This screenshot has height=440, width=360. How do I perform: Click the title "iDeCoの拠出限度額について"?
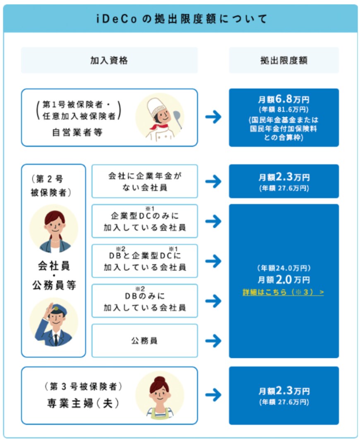pos(180,19)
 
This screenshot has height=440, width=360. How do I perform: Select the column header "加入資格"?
pos(109,60)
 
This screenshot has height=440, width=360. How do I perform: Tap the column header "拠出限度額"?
pos(284,60)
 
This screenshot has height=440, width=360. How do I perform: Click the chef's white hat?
pos(159,103)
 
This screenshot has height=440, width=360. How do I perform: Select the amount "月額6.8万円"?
pos(284,99)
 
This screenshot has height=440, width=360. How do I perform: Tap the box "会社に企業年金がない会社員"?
pos(144,181)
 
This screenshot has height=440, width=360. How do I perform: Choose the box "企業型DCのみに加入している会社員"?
pos(144,221)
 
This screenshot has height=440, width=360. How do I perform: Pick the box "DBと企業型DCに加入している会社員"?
pos(144,261)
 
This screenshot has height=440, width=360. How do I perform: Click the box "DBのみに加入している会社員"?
pos(144,301)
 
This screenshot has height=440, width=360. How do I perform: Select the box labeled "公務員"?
pos(144,341)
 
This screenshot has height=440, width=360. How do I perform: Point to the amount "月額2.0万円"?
pos(284,280)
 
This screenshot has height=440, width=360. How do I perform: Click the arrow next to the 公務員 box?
pos(213,341)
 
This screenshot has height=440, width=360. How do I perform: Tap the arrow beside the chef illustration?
pos(213,117)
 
